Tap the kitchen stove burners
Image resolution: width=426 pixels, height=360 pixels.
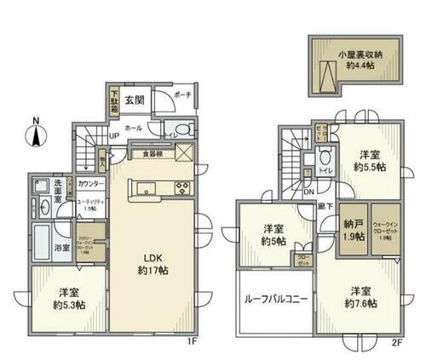point(181,188)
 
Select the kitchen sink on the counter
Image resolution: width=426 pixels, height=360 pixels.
point(144,188)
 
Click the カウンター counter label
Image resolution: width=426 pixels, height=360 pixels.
point(91,184)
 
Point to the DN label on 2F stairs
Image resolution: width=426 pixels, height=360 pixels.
point(308,192)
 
